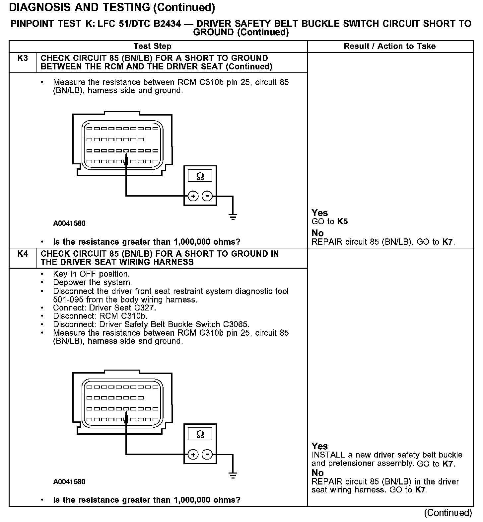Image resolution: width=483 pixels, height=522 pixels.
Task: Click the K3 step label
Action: click(23, 58)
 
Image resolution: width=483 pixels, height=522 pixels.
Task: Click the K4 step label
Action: click(23, 254)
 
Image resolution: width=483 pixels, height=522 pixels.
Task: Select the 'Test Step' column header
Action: click(153, 46)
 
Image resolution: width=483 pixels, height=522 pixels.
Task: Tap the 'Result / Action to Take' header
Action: click(390, 46)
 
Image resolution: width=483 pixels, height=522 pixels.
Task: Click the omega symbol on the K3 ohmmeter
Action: click(200, 176)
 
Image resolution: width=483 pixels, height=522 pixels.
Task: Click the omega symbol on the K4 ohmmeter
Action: click(200, 434)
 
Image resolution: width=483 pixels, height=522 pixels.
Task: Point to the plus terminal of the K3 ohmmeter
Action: click(193, 196)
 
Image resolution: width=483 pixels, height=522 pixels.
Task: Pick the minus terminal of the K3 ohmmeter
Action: click(207, 196)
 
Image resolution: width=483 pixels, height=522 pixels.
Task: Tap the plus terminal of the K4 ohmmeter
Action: click(193, 454)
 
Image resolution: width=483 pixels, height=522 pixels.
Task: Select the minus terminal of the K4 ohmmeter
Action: click(207, 454)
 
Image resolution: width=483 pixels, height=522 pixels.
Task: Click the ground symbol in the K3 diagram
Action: click(233, 217)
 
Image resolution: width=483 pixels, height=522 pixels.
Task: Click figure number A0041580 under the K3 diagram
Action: click(69, 223)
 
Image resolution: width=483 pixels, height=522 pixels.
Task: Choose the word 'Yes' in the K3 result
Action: click(320, 213)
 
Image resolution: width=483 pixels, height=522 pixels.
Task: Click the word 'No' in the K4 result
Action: click(317, 473)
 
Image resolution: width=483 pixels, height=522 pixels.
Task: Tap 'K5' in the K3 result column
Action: click(343, 221)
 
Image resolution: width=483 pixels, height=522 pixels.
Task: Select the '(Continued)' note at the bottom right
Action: click(448, 513)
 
